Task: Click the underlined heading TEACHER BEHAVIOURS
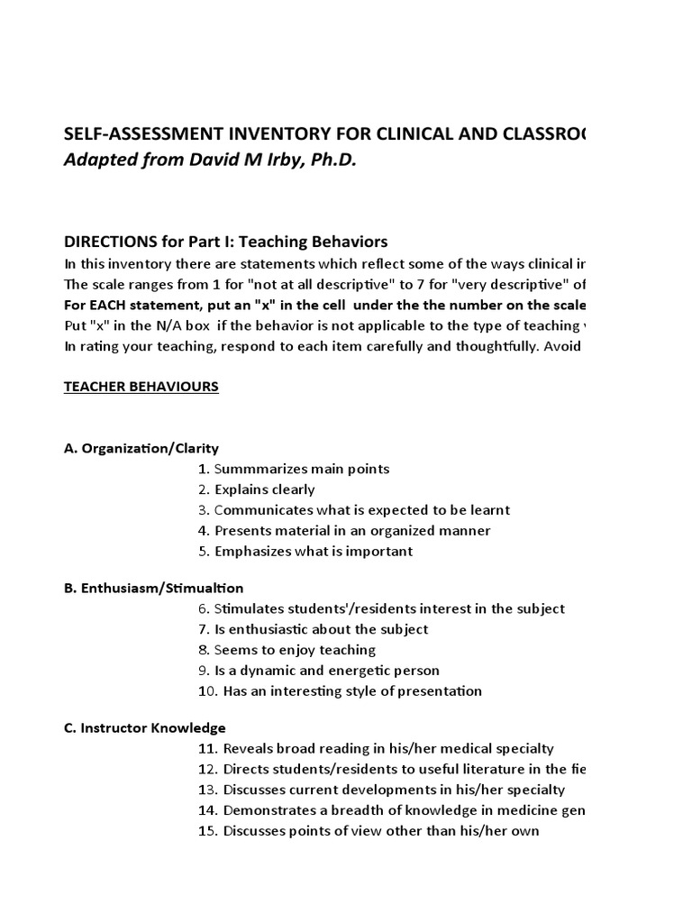(x=141, y=387)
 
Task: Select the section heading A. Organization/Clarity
(x=141, y=448)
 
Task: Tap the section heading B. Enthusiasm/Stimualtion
(x=154, y=588)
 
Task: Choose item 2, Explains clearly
(x=256, y=489)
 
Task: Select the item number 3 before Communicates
(x=204, y=510)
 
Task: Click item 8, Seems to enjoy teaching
(x=286, y=650)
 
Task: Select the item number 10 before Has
(x=205, y=691)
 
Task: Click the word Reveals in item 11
(x=247, y=748)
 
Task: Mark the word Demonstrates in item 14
(x=266, y=810)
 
